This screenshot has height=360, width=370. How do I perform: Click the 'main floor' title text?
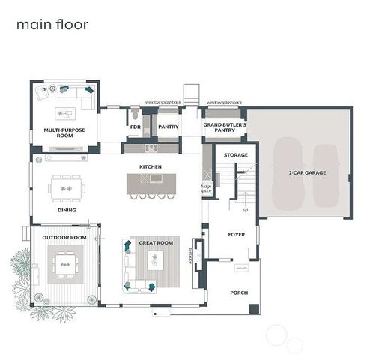click(52, 24)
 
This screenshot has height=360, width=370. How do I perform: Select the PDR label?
click(136, 127)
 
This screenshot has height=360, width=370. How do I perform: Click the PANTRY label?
click(169, 127)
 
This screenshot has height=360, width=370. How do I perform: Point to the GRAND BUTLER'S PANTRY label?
click(225, 127)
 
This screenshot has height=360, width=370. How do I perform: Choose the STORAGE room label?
click(236, 155)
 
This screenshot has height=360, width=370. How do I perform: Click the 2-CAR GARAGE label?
click(305, 172)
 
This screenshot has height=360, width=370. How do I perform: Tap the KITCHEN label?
click(151, 166)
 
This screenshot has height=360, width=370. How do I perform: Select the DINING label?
click(67, 210)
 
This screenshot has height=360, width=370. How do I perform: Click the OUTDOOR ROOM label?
click(64, 237)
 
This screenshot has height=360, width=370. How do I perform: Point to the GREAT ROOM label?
click(156, 242)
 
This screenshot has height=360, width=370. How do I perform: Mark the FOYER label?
click(237, 235)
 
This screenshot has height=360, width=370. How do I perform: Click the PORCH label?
click(239, 292)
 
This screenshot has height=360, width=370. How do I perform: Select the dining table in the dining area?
click(67, 187)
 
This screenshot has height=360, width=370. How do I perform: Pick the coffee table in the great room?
click(157, 260)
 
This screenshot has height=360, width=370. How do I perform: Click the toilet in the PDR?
click(133, 116)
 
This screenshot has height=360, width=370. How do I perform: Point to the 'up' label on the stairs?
click(244, 199)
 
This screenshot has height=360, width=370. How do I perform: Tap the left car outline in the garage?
click(288, 174)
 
